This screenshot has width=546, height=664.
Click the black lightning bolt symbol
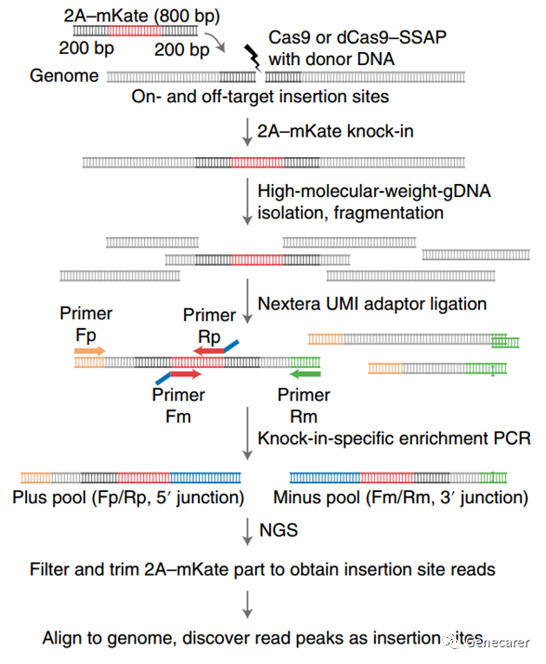[253, 58]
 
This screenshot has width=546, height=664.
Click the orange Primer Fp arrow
[90, 351]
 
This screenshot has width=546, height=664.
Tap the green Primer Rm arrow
[305, 374]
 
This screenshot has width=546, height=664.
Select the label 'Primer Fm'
[178, 406]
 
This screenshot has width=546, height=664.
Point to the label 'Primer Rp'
[209, 326]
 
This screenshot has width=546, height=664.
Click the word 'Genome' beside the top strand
[64, 76]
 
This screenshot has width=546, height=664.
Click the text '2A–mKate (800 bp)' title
[142, 16]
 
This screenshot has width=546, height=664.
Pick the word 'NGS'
[279, 530]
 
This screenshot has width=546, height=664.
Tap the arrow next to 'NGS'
[247, 531]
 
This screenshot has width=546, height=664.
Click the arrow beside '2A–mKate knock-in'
[247, 132]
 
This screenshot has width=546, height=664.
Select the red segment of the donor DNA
[136, 31]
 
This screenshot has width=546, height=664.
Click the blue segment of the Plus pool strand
[205, 478]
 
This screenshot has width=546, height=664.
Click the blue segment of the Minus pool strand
[325, 478]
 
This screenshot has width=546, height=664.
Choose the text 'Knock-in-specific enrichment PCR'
[395, 438]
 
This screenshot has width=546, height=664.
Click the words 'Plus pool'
[49, 497]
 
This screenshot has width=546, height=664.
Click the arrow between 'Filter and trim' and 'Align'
[247, 605]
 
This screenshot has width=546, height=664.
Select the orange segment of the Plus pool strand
[36, 478]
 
